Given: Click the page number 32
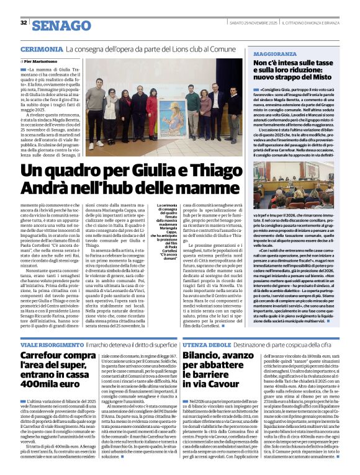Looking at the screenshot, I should tap(24, 23).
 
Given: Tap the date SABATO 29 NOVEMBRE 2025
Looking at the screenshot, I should tap(250, 23).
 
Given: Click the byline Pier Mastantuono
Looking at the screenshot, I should tap(43, 62).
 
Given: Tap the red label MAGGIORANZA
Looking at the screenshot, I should tap(274, 55).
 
